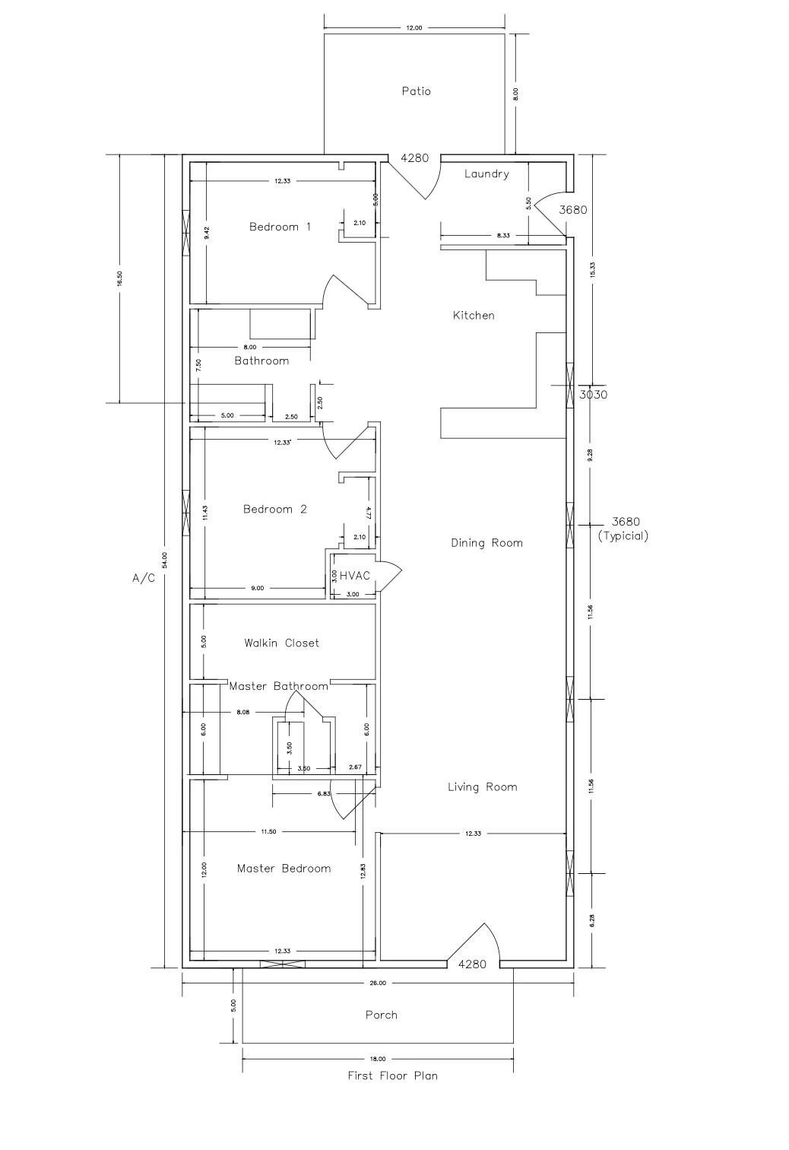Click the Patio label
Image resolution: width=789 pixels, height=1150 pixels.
[x=416, y=91]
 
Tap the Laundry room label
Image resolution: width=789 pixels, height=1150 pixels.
[x=486, y=174]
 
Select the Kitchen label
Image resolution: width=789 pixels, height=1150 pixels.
[x=474, y=315]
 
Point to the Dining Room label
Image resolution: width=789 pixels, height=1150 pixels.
[x=486, y=543]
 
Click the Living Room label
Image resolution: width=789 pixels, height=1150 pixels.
[x=482, y=787]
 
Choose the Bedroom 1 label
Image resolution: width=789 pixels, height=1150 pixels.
[x=280, y=227]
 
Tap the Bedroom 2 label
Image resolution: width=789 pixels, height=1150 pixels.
[x=274, y=510]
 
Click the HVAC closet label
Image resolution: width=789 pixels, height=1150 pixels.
[x=355, y=576]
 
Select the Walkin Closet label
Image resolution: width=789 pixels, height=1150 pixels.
[x=281, y=643]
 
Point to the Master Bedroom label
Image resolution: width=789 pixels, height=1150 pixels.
[x=284, y=869]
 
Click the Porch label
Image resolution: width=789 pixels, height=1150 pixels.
[x=381, y=1015]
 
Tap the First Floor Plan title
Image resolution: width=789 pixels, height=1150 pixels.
[x=392, y=1076]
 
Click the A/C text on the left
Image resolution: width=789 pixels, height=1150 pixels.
[x=144, y=579]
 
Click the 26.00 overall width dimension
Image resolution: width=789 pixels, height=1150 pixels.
[x=378, y=983]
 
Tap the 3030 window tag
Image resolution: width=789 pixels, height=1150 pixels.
[x=593, y=395]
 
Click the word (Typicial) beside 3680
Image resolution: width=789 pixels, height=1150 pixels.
[x=623, y=535]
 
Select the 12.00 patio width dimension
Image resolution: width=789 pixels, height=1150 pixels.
[x=414, y=27]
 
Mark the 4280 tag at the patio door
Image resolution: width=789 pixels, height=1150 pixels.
[x=414, y=158]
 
